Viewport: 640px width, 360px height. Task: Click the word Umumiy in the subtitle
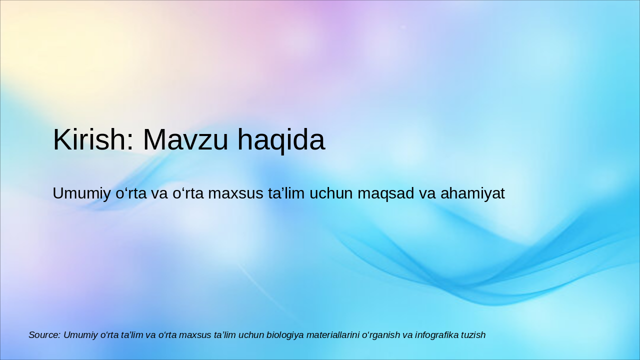click(x=81, y=193)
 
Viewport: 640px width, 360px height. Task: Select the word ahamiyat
click(x=472, y=193)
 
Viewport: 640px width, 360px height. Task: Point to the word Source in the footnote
click(x=44, y=335)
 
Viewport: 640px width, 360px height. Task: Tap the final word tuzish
click(x=473, y=335)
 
